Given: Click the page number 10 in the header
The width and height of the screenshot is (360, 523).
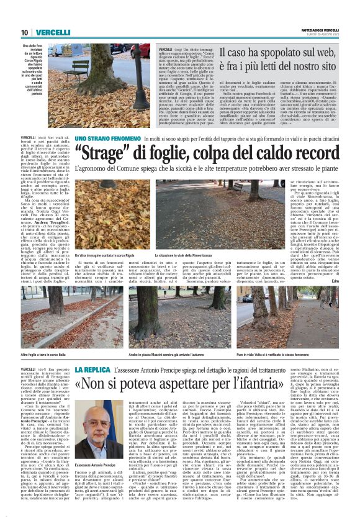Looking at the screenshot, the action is coord(25,32).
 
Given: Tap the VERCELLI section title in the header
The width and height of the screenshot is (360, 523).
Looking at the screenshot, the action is coord(52,32).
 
